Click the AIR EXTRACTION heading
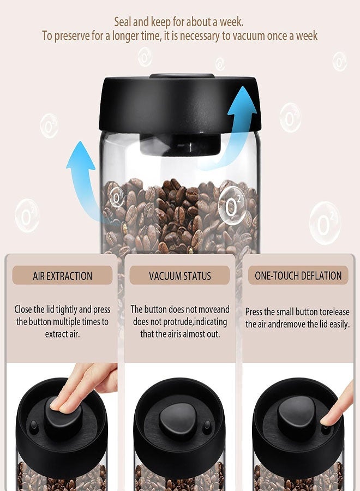pos(63,276)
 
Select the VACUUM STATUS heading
pos(180,276)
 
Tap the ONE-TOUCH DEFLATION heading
pos(298,276)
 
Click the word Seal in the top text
pos(123,22)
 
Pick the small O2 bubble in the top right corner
pos(339,61)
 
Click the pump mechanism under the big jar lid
pos(180,143)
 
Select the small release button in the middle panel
pos(207,426)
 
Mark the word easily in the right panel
pos(333,324)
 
